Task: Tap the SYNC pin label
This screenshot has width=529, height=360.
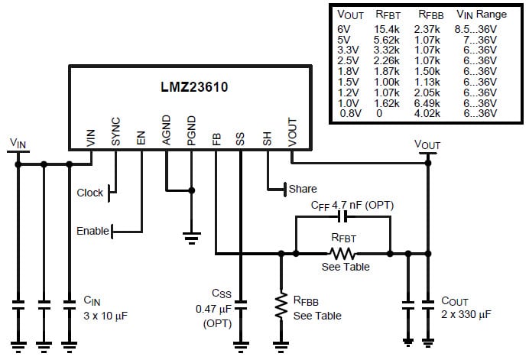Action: [116, 131]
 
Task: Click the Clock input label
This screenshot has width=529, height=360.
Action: [89, 193]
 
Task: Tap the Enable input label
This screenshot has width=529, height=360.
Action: [92, 231]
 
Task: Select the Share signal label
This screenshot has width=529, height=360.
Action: [303, 189]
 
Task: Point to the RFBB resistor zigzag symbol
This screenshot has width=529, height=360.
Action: [282, 304]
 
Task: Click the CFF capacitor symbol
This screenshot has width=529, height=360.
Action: [341, 218]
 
